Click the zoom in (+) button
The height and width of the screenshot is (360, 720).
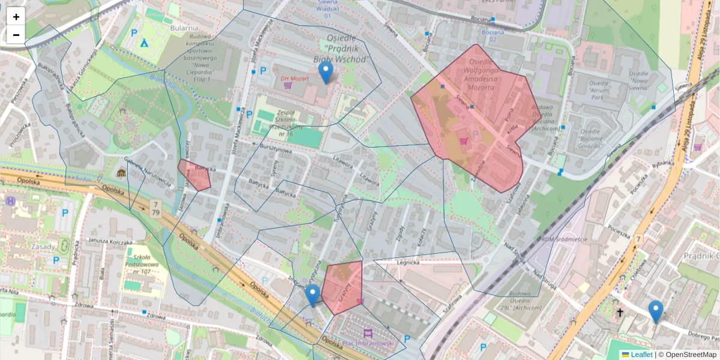16,17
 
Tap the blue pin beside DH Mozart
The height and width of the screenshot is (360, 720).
325,73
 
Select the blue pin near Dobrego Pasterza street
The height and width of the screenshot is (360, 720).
655,311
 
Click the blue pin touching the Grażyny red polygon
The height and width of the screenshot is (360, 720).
312,295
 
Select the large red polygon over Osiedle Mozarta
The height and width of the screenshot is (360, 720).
474,114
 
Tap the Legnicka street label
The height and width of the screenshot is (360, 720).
406,262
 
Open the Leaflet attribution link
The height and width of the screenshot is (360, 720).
641,355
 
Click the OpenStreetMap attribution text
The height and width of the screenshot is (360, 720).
687,355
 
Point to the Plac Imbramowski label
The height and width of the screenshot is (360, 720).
367,343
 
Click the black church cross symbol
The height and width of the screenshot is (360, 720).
620,313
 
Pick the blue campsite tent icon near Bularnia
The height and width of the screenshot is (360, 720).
144,43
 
